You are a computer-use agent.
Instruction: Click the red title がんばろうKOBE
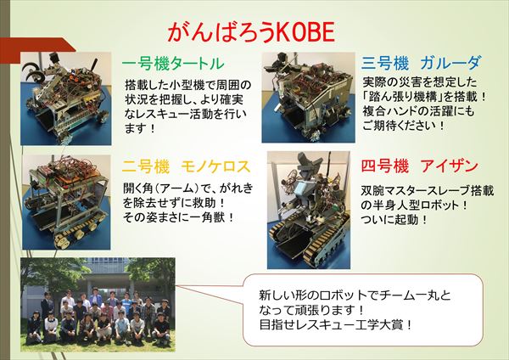pyautogui.click(x=251, y=32)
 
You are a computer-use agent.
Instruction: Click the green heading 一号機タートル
pyautogui.click(x=173, y=64)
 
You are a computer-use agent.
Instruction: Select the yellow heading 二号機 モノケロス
pyautogui.click(x=186, y=166)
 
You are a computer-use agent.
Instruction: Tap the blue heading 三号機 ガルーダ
pyautogui.click(x=421, y=63)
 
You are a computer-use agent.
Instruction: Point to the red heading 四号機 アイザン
pyautogui.click(x=419, y=166)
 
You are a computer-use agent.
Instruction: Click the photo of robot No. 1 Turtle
pyautogui.click(x=66, y=98)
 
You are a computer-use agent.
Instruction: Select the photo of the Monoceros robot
pyautogui.click(x=66, y=202)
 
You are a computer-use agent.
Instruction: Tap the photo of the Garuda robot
pyautogui.click(x=309, y=98)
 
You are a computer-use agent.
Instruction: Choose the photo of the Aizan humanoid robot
pyautogui.click(x=309, y=211)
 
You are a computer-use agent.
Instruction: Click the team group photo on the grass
pyautogui.click(x=98, y=305)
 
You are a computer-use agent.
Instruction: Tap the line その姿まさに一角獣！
pyautogui.click(x=178, y=217)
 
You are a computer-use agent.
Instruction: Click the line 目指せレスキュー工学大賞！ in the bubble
pyautogui.click(x=336, y=324)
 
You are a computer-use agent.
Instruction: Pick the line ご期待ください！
pyautogui.click(x=403, y=126)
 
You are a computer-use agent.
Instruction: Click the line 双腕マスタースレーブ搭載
pyautogui.click(x=428, y=191)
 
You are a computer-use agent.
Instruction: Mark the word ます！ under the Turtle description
pyautogui.click(x=140, y=128)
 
